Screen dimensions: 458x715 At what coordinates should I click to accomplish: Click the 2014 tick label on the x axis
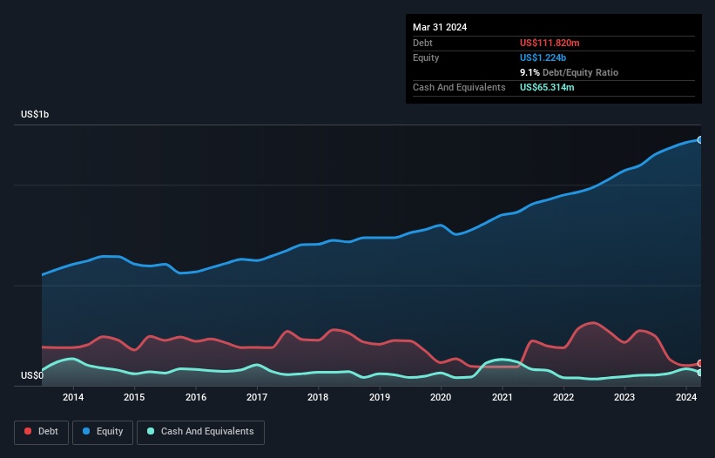pos(73,397)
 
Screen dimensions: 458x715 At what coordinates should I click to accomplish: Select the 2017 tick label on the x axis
pos(257,397)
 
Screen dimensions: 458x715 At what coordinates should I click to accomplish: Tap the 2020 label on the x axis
pos(441,397)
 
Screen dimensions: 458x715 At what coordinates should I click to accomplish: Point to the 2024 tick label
pos(686,397)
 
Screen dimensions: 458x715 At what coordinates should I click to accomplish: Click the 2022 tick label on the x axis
pos(563,397)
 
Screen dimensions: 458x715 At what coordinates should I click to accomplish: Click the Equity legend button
pos(103,432)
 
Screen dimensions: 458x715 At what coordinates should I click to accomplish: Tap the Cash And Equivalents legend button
pos(200,432)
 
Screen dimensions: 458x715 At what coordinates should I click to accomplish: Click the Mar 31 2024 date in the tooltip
pos(440,27)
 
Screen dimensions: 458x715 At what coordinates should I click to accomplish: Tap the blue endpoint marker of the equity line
pos(700,139)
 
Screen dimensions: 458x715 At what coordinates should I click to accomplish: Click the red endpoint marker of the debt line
pos(700,363)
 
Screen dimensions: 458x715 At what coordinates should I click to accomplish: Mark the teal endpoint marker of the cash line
pos(700,373)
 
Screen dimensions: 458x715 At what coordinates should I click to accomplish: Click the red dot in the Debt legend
pos(29,432)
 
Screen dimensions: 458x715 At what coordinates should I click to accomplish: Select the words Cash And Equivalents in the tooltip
pos(459,87)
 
